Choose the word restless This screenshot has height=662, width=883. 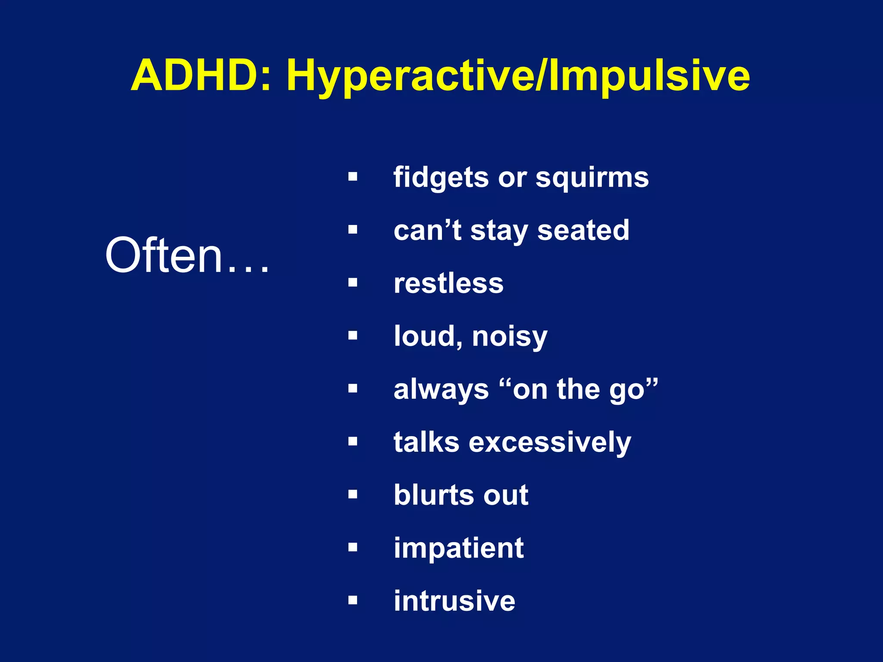448,284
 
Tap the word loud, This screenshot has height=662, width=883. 429,336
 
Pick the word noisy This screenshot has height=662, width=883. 510,337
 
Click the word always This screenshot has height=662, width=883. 441,390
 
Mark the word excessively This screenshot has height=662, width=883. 550,443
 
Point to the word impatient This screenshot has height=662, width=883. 459,548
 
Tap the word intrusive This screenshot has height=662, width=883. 454,601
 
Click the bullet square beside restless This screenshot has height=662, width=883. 353,283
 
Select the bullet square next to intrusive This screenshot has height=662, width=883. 353,600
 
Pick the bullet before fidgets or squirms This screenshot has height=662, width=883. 353,177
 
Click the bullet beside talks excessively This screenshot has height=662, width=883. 353,441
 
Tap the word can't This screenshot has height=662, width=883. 427,231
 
